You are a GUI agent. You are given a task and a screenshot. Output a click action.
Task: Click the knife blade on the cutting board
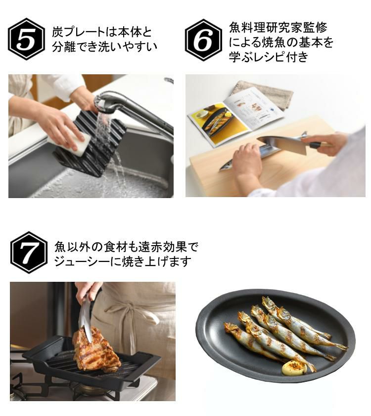click(282, 144)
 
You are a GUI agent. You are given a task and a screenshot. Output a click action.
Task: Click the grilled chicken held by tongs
click(96, 349)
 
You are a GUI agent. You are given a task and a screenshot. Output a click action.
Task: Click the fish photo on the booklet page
click(217, 121)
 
